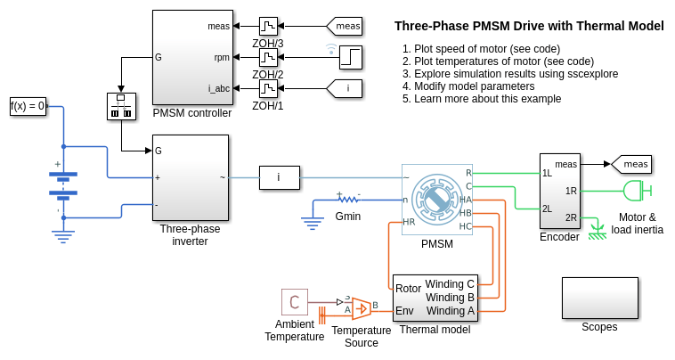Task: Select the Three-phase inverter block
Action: [191, 177]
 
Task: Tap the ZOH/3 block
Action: [269, 26]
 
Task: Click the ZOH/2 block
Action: [269, 58]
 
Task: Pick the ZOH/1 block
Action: [269, 89]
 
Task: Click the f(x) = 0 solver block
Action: [28, 106]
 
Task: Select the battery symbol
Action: [63, 183]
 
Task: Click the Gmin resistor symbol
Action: [347, 199]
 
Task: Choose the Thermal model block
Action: [435, 298]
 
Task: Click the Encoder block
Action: [559, 191]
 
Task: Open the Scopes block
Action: [599, 298]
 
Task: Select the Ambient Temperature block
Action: [295, 302]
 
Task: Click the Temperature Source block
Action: [361, 308]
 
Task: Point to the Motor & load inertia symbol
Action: [634, 191]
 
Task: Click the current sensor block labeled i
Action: [279, 177]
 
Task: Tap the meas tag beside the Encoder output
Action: [631, 164]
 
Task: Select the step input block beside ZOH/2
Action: [350, 57]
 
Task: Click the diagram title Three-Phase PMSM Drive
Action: [529, 27]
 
